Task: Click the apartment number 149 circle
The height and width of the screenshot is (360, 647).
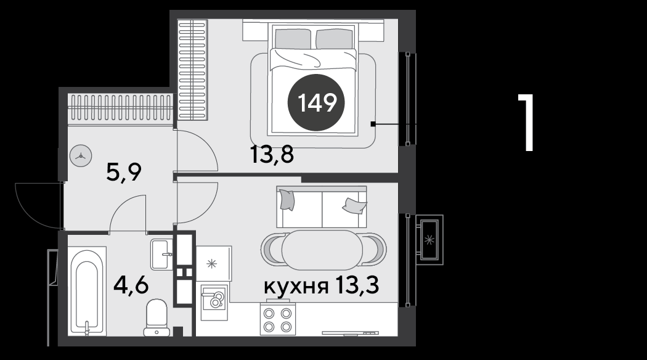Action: click(317, 102)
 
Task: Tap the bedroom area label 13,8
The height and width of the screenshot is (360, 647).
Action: click(272, 155)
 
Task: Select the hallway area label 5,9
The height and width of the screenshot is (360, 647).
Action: click(124, 172)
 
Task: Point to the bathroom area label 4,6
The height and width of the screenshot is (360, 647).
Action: click(131, 285)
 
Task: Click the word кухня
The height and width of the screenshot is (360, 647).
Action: click(296, 285)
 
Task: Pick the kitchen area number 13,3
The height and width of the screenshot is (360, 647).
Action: click(357, 285)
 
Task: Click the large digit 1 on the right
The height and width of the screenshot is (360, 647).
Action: click(527, 123)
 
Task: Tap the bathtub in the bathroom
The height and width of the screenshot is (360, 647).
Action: click(87, 290)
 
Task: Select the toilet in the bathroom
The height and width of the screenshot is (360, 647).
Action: click(157, 318)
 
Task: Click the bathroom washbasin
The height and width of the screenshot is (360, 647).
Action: click(161, 255)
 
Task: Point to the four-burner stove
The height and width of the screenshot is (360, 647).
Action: click(278, 319)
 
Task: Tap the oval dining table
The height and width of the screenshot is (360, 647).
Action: click(322, 250)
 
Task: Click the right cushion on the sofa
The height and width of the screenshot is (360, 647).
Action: click(354, 205)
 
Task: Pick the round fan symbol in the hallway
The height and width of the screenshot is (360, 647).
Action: click(81, 156)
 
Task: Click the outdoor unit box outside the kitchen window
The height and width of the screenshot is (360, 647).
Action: click(429, 239)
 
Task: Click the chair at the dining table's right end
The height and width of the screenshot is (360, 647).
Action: click(375, 250)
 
